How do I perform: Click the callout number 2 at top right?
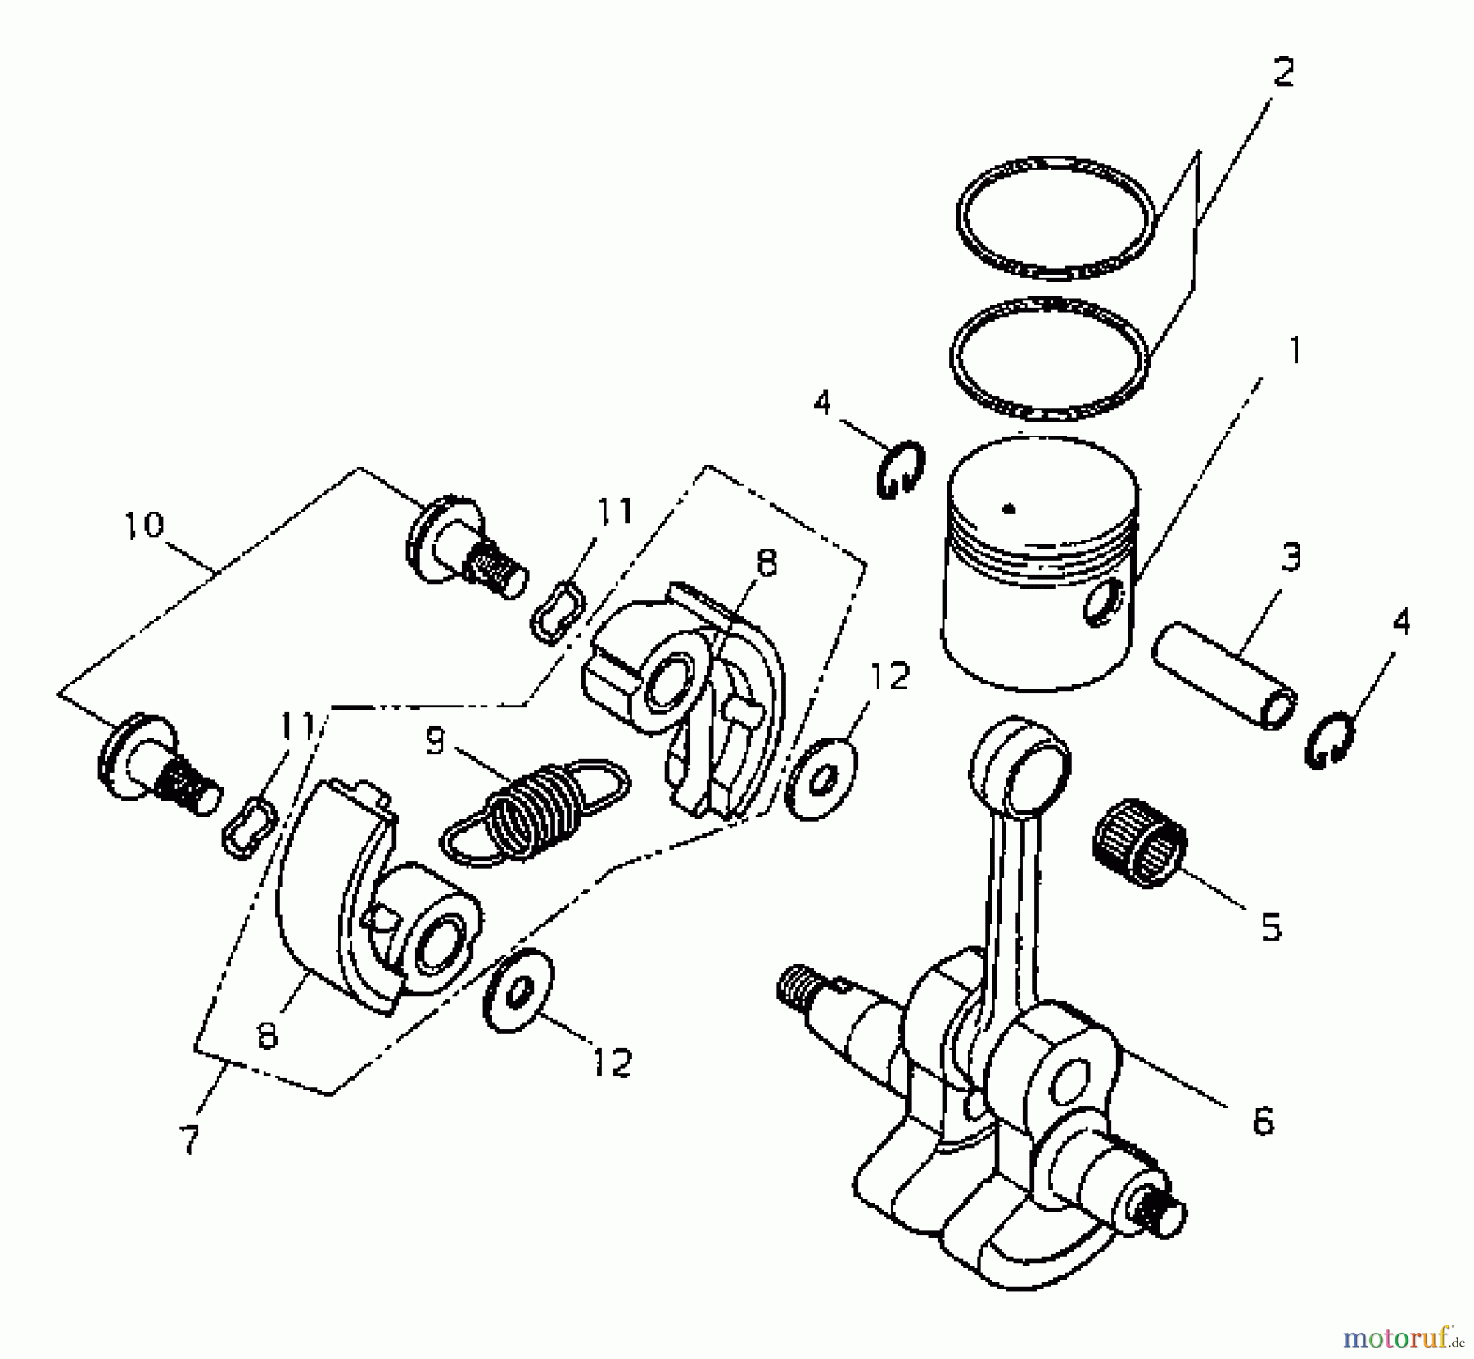point(1282,72)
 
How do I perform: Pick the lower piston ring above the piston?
point(1049,308)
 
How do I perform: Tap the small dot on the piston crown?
point(1009,508)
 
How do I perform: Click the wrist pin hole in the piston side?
point(1101,604)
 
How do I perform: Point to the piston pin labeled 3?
point(1223,675)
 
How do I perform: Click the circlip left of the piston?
point(900,471)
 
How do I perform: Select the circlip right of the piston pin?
point(1327,742)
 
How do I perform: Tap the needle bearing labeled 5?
point(1139,843)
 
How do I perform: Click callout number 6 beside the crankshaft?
point(1263,1122)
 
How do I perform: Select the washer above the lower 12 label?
point(519,991)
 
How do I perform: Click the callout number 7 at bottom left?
point(189,1138)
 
